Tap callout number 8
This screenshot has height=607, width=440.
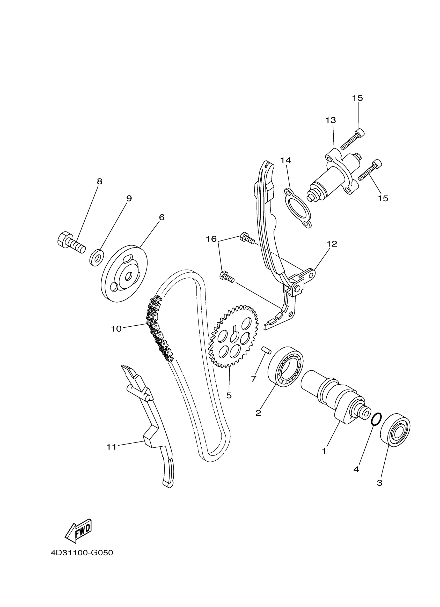coord(99,182)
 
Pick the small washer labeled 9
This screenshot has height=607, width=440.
coord(97,258)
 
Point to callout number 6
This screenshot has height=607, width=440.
coord(162,217)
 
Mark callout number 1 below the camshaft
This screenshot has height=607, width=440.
coord(324,451)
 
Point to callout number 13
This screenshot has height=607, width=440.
coord(331,120)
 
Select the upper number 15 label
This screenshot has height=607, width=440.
coord(357,98)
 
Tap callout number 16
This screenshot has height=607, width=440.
coord(211,239)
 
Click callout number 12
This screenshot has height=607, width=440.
coord(332,244)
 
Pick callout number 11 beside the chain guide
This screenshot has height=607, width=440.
coord(111,447)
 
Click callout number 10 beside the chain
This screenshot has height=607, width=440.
coord(116,329)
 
